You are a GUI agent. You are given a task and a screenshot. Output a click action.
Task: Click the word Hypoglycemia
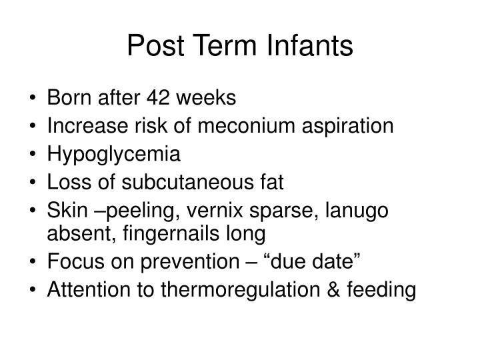coord(114,155)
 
